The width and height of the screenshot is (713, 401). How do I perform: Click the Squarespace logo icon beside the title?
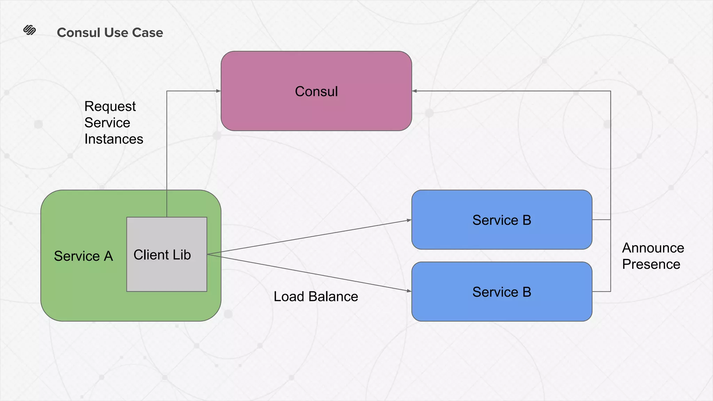click(x=30, y=30)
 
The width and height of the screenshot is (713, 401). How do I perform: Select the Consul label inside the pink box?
click(x=316, y=91)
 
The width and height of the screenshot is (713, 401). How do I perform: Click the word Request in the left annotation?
click(x=110, y=107)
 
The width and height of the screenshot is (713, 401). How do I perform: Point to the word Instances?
click(x=113, y=139)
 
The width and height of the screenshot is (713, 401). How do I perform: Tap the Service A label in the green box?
click(x=84, y=256)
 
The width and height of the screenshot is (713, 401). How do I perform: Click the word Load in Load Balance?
click(x=289, y=297)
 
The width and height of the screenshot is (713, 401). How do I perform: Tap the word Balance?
click(x=333, y=297)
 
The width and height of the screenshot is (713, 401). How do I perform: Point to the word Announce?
click(x=653, y=248)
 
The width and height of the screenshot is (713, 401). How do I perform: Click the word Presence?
click(x=651, y=264)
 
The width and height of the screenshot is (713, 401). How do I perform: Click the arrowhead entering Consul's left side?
click(x=218, y=91)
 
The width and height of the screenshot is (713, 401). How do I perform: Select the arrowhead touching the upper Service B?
click(x=409, y=220)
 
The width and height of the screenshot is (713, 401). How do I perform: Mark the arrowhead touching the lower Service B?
click(x=409, y=291)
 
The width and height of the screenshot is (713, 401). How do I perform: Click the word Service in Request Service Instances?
click(x=107, y=123)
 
